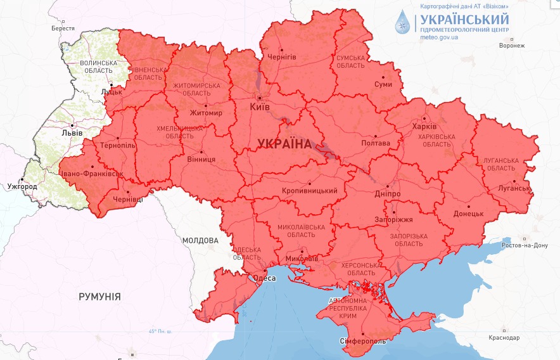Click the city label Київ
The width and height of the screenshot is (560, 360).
(x=260, y=106)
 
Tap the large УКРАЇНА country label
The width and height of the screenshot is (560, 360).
(x=284, y=144)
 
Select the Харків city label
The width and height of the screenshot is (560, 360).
(x=424, y=126)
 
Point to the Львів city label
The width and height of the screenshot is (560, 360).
(x=67, y=133)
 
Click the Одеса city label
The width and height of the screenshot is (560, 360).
(x=264, y=278)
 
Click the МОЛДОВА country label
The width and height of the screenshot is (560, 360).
(x=200, y=241)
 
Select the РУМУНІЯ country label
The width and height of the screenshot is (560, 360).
(x=99, y=296)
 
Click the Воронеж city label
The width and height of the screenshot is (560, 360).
(x=512, y=46)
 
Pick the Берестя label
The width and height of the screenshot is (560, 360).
(x=63, y=29)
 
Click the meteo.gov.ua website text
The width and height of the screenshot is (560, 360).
(x=439, y=37)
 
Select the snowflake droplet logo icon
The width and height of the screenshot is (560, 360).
(x=402, y=22)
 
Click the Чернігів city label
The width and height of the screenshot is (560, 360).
(x=283, y=57)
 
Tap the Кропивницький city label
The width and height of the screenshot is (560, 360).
(x=310, y=190)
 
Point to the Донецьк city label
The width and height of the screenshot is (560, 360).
(x=468, y=214)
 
